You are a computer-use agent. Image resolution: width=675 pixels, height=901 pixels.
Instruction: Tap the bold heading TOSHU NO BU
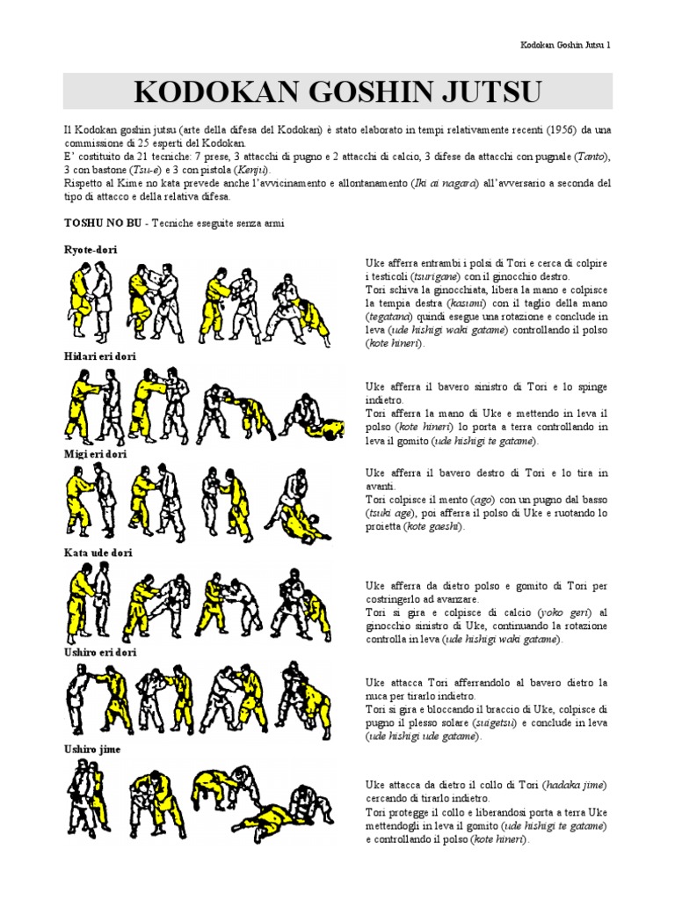click(x=104, y=223)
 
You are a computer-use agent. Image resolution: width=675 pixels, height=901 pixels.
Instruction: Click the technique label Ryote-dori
click(x=91, y=250)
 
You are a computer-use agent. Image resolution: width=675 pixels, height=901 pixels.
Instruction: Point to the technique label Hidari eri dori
click(x=100, y=355)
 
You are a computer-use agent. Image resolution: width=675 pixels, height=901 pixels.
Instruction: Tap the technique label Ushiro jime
click(x=92, y=750)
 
